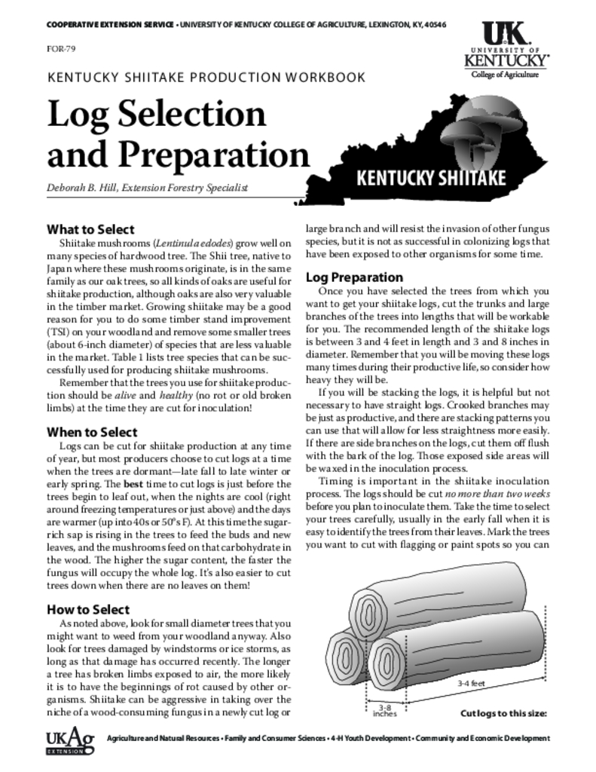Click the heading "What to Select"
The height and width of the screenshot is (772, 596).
point(90,229)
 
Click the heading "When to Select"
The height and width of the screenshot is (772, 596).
point(92,432)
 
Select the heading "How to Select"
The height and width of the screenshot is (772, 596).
point(87,609)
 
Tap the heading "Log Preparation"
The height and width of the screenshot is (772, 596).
point(354,277)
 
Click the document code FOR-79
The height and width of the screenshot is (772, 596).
point(60,50)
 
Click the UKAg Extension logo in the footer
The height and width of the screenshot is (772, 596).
point(70,743)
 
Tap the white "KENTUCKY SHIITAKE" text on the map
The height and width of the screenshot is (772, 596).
point(430,179)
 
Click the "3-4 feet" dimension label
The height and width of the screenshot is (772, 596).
point(471,683)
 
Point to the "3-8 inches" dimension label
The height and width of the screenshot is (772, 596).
point(384,710)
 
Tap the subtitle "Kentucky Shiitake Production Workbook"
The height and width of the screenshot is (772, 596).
point(206,77)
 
